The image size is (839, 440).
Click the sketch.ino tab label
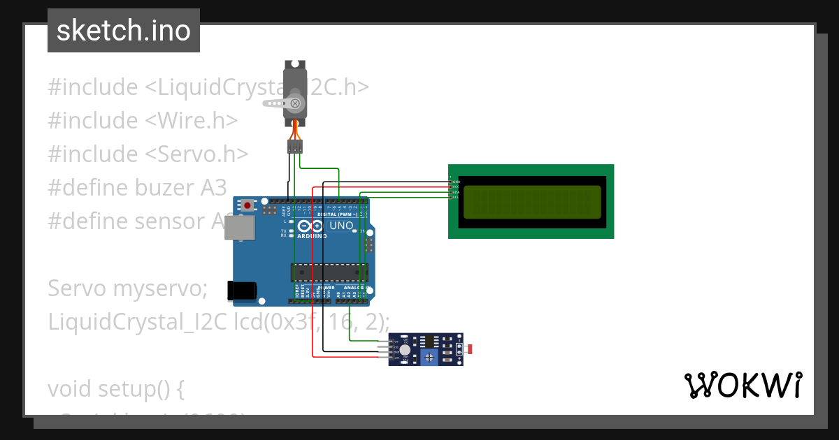123,31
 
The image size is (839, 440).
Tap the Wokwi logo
743,386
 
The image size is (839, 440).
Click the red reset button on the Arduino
247,205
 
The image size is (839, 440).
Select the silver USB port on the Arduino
239,228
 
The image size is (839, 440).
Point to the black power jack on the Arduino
242,291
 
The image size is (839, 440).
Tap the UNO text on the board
341,226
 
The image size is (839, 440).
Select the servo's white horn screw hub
295,103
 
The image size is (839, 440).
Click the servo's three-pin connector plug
295,146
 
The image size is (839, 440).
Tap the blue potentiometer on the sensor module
430,358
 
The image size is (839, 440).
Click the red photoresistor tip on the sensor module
470,349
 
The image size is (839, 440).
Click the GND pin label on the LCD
456,182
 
